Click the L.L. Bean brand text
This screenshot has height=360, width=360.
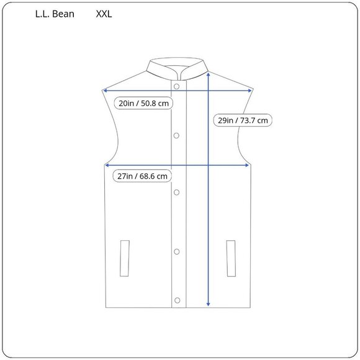pos(55,14)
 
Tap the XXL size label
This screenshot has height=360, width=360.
pos(104,14)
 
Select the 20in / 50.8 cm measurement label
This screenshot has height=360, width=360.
pos(143,103)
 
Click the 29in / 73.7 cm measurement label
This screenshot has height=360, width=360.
pos(243,120)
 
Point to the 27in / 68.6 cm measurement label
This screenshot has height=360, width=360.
pos(143,176)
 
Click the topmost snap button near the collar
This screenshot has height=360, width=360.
pos(176,86)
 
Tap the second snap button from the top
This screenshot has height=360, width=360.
pos(176,135)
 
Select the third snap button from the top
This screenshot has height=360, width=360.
pos(176,193)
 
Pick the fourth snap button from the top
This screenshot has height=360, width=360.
pos(176,251)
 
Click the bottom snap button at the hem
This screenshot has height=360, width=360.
pos(176,301)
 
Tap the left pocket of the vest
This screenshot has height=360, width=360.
pos(125,257)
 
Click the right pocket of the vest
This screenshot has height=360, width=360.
pos(231,257)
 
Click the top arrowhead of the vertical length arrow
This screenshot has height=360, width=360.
pos(208,73)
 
